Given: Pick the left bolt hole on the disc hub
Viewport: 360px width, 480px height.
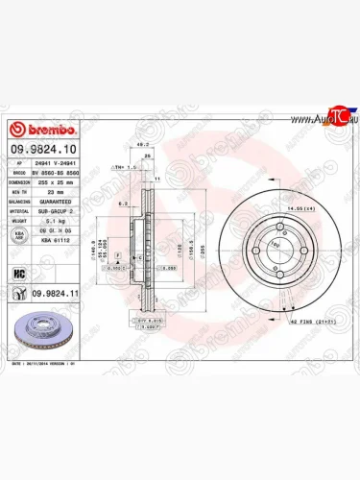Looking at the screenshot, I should tap(254, 256).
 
